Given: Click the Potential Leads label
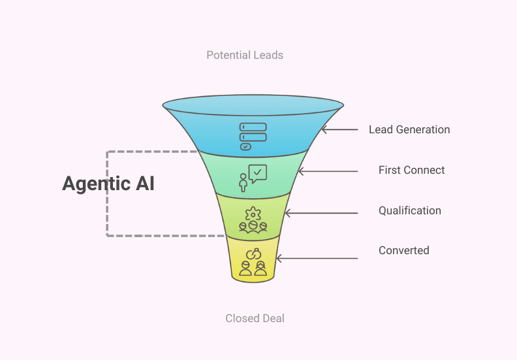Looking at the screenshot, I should (x=245, y=55).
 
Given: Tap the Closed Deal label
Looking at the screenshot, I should (x=255, y=319).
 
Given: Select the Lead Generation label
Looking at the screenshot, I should (x=409, y=129).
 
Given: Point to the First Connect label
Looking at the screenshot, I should (x=411, y=170).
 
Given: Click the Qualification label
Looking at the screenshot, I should (x=410, y=210).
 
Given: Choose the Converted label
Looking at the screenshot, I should (x=403, y=250).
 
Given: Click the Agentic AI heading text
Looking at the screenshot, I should (x=108, y=184).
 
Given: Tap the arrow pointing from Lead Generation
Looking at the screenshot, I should (x=339, y=129).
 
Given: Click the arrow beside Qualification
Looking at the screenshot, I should (x=321, y=213).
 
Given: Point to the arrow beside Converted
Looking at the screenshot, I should (x=317, y=258).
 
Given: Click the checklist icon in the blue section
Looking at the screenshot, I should (x=253, y=136).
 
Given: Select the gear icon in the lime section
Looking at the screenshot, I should (x=252, y=213).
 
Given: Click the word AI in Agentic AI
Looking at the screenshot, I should (x=144, y=184).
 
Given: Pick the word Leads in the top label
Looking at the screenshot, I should (x=269, y=55).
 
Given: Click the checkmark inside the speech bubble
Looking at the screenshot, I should (x=258, y=172).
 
